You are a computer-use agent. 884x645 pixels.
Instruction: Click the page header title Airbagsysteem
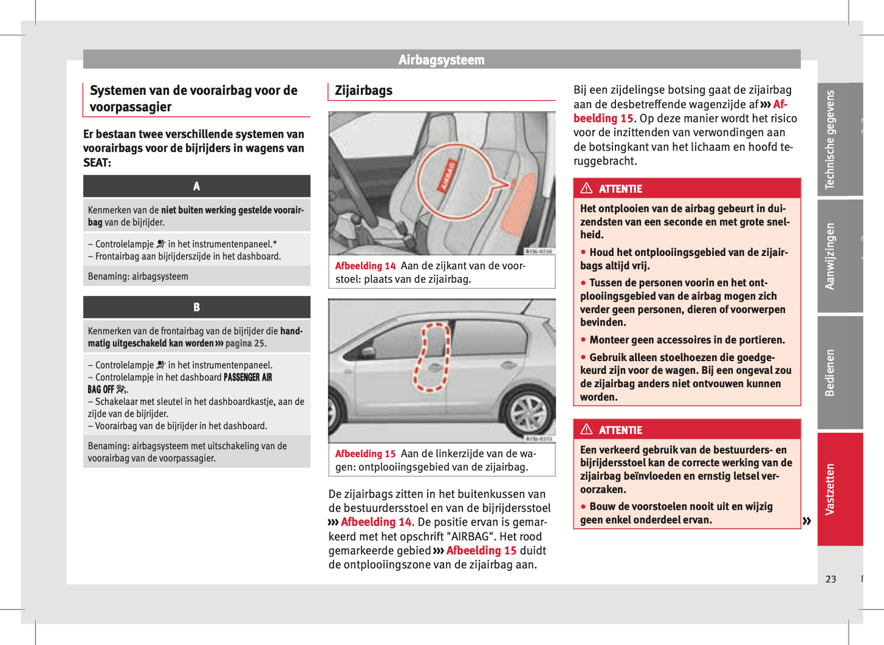pos(441,60)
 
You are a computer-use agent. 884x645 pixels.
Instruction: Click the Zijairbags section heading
pos(363,91)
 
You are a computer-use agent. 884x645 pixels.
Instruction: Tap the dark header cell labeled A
pos(196,186)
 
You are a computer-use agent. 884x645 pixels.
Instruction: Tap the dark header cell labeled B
pos(196,307)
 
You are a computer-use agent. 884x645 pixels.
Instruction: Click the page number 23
pos(830,579)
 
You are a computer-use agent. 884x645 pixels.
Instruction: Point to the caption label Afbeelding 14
pos(365,266)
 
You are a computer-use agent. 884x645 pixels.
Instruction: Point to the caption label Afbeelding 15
pos(365,454)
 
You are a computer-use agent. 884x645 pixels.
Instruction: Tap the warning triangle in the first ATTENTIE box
pos(587,188)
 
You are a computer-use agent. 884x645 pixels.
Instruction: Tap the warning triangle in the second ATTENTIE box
pos(587,430)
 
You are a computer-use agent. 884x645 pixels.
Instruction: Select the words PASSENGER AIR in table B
pos(248,378)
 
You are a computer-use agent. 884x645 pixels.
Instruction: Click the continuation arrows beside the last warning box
pos(807,521)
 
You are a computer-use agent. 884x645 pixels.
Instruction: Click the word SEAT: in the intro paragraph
pos(97,163)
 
